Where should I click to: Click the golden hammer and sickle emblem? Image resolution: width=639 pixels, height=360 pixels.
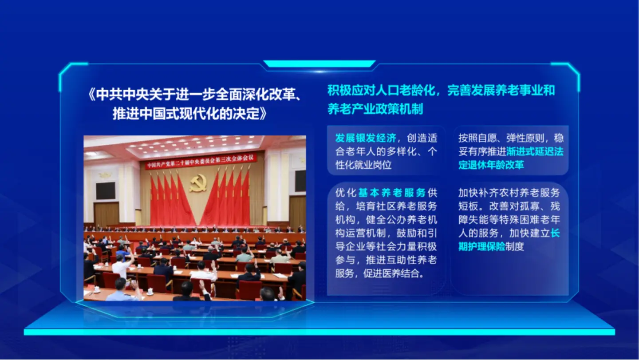(198, 182)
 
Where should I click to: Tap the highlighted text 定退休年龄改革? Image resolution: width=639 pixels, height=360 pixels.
(491, 165)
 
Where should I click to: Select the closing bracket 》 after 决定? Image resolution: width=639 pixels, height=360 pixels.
(264, 114)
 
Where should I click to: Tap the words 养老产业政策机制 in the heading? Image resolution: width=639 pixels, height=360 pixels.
(375, 109)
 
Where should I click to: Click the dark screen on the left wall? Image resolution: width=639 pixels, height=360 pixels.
(106, 191)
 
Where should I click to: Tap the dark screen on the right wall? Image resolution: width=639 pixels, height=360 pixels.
(300, 181)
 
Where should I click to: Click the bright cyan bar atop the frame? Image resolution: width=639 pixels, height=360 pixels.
(319, 64)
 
